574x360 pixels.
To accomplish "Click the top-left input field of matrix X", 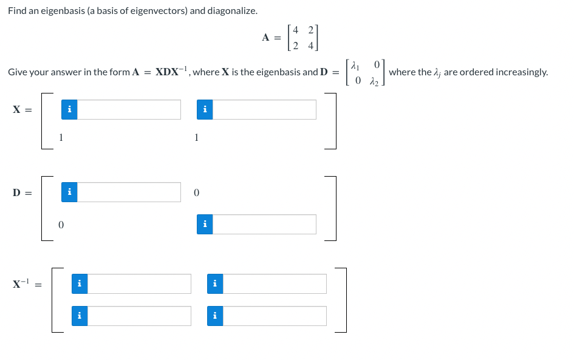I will pyautogui.click(x=129, y=109).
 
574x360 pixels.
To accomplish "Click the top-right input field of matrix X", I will pyautogui.click(x=264, y=109).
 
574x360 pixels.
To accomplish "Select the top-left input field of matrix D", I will pyautogui.click(x=129, y=192).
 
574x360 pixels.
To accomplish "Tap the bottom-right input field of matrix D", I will pyautogui.click(x=264, y=224).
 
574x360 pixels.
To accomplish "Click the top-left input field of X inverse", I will pyautogui.click(x=139, y=284).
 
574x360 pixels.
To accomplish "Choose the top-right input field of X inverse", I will pyautogui.click(x=275, y=284).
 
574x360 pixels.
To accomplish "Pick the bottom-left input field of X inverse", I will pyautogui.click(x=139, y=316).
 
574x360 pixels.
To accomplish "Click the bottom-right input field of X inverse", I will pyautogui.click(x=275, y=316).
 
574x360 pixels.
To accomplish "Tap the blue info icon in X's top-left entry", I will pyautogui.click(x=70, y=109).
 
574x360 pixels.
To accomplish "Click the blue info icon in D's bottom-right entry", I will pyautogui.click(x=205, y=224).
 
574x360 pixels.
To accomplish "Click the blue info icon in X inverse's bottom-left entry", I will pyautogui.click(x=80, y=316).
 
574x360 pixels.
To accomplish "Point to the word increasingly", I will pyautogui.click(x=521, y=72).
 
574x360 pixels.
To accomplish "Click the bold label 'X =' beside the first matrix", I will pyautogui.click(x=22, y=109).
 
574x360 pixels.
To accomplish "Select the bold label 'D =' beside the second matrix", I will pyautogui.click(x=22, y=192).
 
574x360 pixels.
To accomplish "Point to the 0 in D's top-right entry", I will pyautogui.click(x=196, y=192).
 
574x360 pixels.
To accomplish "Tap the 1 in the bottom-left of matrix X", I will pyautogui.click(x=61, y=137).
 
